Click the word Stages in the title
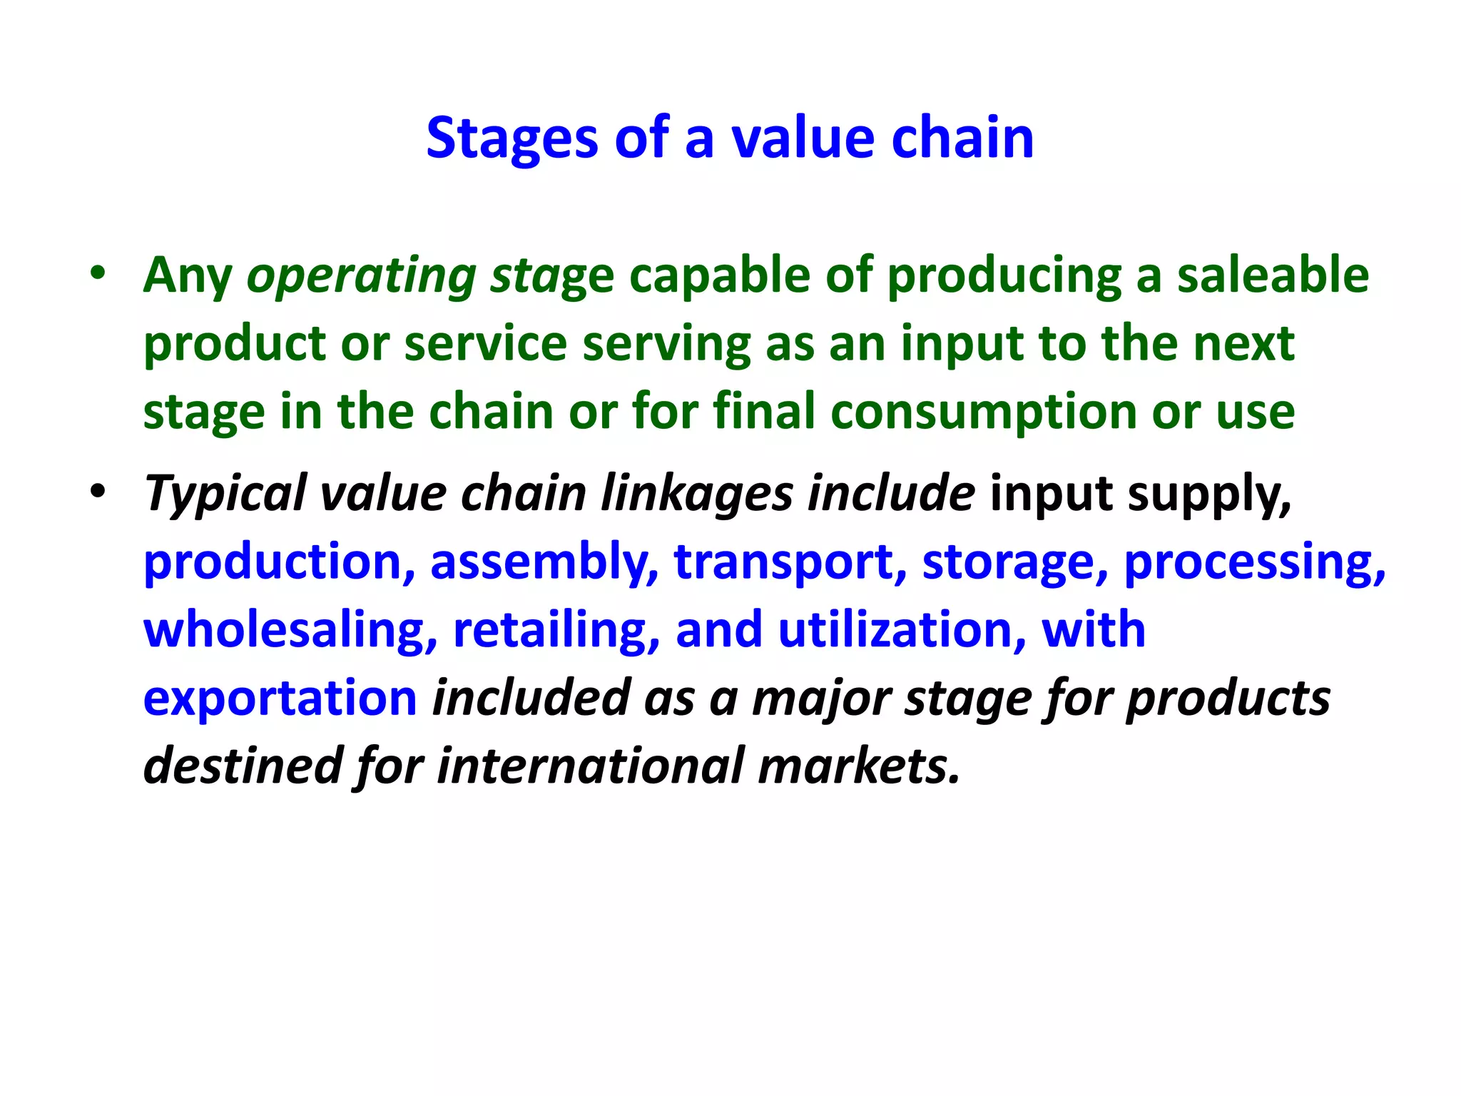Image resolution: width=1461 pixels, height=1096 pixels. point(511,138)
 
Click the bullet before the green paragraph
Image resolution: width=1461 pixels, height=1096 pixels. point(98,273)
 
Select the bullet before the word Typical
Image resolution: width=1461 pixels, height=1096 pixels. point(98,491)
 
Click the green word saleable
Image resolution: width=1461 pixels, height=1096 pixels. point(1272,275)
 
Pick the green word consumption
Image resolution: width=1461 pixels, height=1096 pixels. point(983,412)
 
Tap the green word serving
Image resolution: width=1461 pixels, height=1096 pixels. point(666,345)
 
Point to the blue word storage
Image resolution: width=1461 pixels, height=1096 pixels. point(1014,562)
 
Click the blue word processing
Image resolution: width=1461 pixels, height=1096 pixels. point(1254,562)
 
